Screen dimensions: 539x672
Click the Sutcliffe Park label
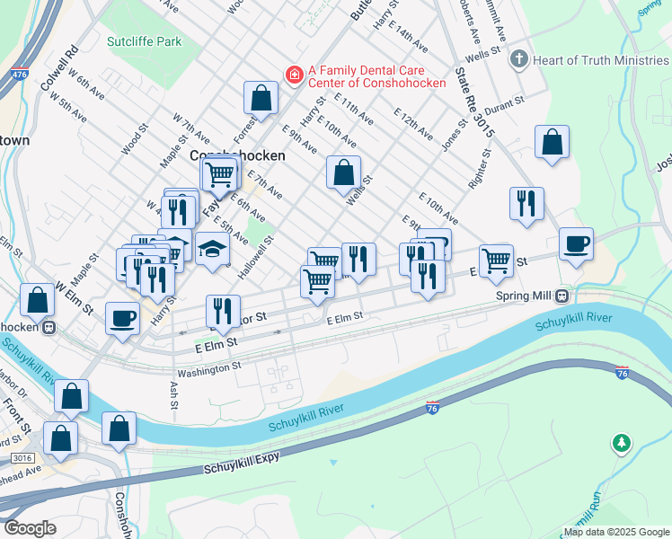pyautogui.click(x=144, y=41)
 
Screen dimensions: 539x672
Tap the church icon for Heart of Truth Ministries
pyautogui.click(x=518, y=59)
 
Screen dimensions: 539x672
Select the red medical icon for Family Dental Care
pyautogui.click(x=293, y=74)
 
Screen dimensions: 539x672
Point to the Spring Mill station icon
pyautogui.click(x=561, y=296)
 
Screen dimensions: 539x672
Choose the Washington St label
pyautogui.click(x=209, y=367)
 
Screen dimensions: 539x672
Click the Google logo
pyautogui.click(x=30, y=528)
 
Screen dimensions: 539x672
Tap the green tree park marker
pyautogui.click(x=621, y=443)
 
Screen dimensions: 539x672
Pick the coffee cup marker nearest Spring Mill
pyautogui.click(x=576, y=243)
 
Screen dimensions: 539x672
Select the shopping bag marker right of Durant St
pyautogui.click(x=552, y=142)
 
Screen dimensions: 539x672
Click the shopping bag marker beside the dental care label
pyautogui.click(x=261, y=98)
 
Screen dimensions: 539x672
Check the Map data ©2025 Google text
pyautogui.click(x=615, y=532)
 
